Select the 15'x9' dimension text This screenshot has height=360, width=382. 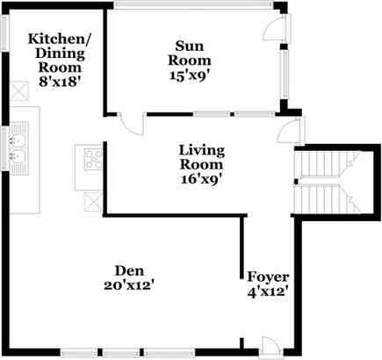tap(191, 75)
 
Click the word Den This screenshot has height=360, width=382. tap(129, 270)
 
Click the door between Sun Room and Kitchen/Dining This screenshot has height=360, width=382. tap(128, 125)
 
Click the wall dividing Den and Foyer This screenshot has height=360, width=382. tap(241, 255)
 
